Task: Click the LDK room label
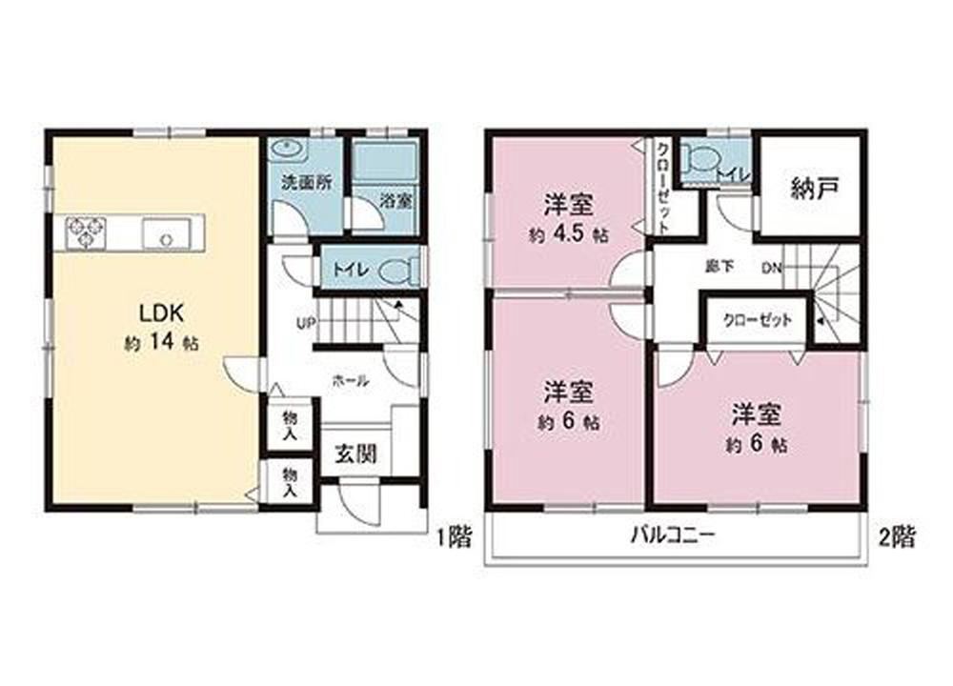[x=161, y=313]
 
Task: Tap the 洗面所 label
[x=307, y=182]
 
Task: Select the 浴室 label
[x=396, y=201]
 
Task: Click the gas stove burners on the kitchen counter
[x=86, y=232]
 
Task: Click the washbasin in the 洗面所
[x=283, y=148]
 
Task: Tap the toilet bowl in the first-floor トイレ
[x=397, y=271]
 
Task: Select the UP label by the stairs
[x=305, y=324]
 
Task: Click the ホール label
[x=351, y=381]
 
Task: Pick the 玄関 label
[x=356, y=454]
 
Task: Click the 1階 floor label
[x=454, y=536]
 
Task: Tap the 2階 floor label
[x=897, y=536]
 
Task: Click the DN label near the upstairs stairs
[x=771, y=268]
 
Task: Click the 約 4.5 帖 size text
[x=569, y=235]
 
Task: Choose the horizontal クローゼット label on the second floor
[x=758, y=319]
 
